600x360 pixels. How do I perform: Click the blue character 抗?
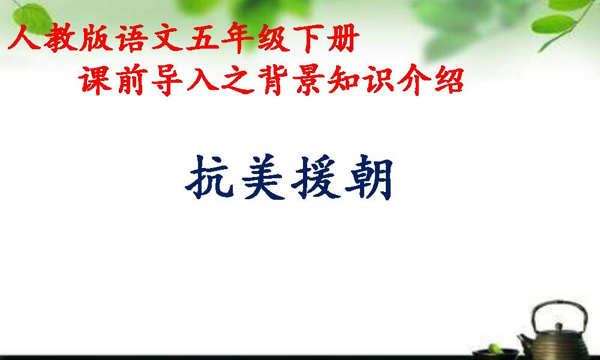209,177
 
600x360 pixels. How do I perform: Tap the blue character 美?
263,177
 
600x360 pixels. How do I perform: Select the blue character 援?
316,177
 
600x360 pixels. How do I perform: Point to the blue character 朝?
369,177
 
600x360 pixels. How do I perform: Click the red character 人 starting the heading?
24,37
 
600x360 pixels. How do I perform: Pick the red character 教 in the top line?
61,37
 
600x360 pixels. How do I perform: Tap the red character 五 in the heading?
202,37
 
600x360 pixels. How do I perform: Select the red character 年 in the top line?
237,37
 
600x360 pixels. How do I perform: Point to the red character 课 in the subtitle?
95,80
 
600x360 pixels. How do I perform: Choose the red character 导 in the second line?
166,80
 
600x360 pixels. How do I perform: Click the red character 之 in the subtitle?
237,80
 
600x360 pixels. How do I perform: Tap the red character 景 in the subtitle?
308,80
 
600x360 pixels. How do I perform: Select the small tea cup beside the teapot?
495,353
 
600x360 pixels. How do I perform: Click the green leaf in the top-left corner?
33,19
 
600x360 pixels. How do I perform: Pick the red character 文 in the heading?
167,37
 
